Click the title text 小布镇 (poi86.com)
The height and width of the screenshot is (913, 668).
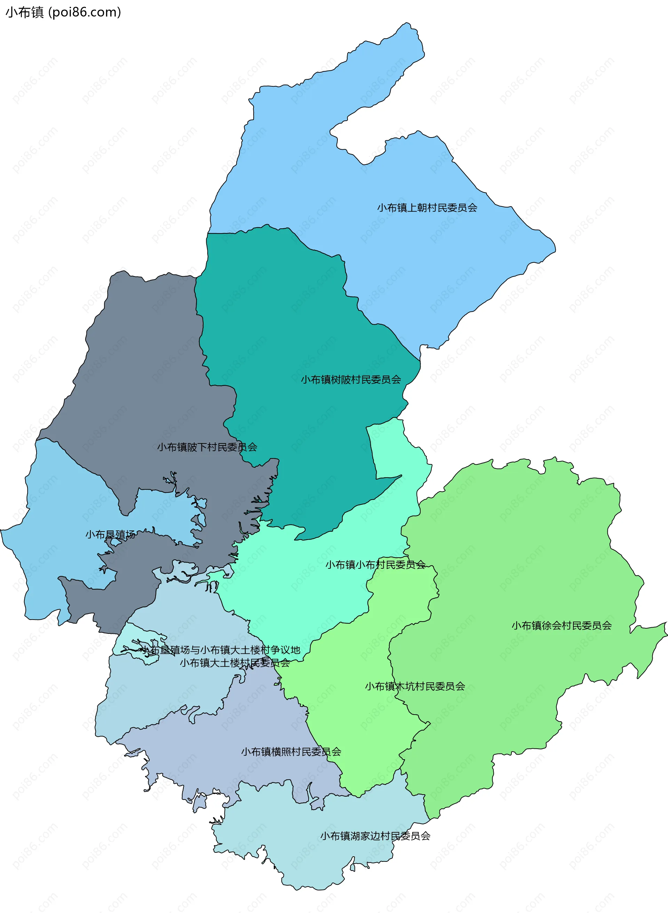[x=63, y=12]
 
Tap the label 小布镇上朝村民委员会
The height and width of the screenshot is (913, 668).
[x=427, y=207]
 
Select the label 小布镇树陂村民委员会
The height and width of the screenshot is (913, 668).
[x=351, y=379]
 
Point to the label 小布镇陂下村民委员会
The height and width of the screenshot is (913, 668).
[x=207, y=447]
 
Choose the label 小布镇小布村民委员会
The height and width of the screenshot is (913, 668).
[x=375, y=565]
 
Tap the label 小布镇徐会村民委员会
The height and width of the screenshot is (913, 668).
[x=561, y=625]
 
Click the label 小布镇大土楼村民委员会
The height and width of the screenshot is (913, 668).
[x=234, y=663]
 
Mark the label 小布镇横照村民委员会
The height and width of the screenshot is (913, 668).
[x=291, y=751]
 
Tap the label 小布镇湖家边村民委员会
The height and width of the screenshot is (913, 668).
[x=375, y=836]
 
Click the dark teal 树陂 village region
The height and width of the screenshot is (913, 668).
[x=283, y=324]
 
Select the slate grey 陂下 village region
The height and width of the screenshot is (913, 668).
[x=142, y=364]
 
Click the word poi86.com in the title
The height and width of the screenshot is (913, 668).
[x=85, y=12]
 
